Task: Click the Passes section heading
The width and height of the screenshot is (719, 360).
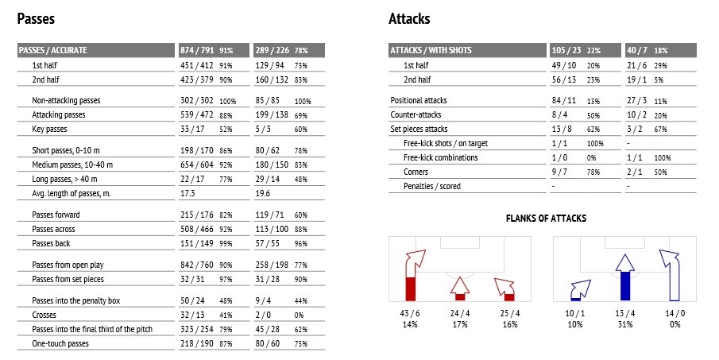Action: (x=36, y=19)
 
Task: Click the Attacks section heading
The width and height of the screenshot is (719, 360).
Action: (x=409, y=19)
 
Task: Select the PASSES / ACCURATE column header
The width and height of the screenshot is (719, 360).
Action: (x=52, y=50)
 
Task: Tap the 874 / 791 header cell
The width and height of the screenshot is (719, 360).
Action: (x=197, y=50)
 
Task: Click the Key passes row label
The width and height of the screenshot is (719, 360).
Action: (x=49, y=129)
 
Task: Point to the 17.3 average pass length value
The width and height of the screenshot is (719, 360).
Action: (x=187, y=193)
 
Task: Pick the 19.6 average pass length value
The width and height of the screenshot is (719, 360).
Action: (x=263, y=193)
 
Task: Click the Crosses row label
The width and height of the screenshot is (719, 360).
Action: (x=44, y=315)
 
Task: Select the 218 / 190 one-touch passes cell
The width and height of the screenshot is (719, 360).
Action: (x=197, y=343)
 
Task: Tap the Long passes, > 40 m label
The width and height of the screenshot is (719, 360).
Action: (x=64, y=179)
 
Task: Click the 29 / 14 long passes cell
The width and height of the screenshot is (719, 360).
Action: (x=267, y=179)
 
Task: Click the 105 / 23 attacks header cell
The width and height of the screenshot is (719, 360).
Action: (x=566, y=50)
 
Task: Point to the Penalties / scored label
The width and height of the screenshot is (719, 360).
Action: (x=432, y=186)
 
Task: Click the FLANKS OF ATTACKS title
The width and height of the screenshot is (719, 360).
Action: (x=546, y=219)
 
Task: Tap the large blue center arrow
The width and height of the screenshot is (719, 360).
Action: (x=625, y=277)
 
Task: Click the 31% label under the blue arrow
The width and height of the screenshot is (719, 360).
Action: (x=625, y=324)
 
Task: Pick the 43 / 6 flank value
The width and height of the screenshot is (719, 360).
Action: (x=410, y=313)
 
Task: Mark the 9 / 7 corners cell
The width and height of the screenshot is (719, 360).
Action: (x=559, y=172)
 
